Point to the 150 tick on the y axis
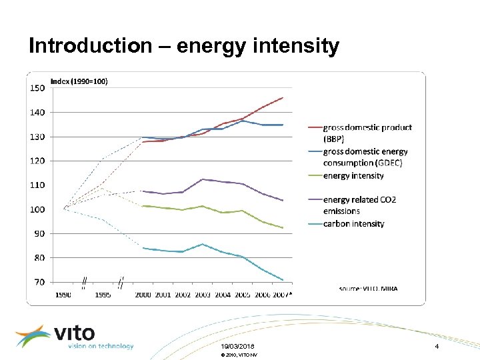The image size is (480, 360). coord(37,87)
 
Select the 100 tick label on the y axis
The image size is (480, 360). coord(37,209)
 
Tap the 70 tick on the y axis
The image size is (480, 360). coord(39,282)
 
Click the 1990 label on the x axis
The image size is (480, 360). coord(63,294)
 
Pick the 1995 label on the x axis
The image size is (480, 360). coord(103,294)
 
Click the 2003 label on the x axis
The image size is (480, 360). coord(203,294)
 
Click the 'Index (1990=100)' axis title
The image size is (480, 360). coord(79,81)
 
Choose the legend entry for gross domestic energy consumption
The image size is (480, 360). coord(365,157)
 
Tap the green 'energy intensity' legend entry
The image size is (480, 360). coord(353,175)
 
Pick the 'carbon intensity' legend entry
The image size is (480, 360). coord(353,224)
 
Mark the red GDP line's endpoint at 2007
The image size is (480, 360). coord(283,97)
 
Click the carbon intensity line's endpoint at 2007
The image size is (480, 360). coord(283,280)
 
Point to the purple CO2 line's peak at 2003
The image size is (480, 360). coord(203,179)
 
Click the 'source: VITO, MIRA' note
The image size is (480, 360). coord(373,289)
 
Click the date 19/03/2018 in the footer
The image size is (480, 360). coord(237,347)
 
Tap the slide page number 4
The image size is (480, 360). coord(437,347)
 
